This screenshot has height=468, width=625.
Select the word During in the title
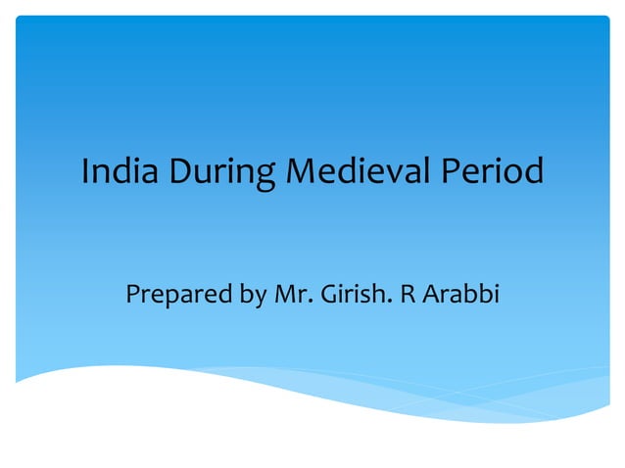221,174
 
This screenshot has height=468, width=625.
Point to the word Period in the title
492,172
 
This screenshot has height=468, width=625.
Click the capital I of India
85,172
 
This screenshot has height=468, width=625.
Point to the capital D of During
181,172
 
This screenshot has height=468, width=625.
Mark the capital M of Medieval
300,172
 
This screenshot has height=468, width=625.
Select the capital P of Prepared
133,292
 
